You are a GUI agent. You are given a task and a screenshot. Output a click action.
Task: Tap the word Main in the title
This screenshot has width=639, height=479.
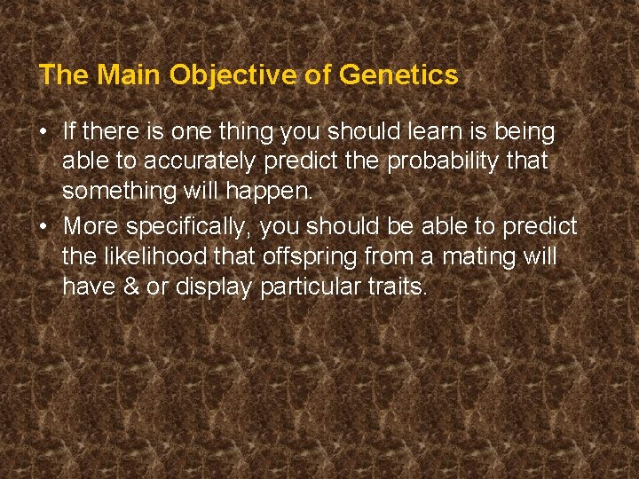130,75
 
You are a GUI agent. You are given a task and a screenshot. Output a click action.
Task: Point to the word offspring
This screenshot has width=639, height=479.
306,256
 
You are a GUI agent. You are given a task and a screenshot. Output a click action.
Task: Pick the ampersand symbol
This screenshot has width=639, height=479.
126,287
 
